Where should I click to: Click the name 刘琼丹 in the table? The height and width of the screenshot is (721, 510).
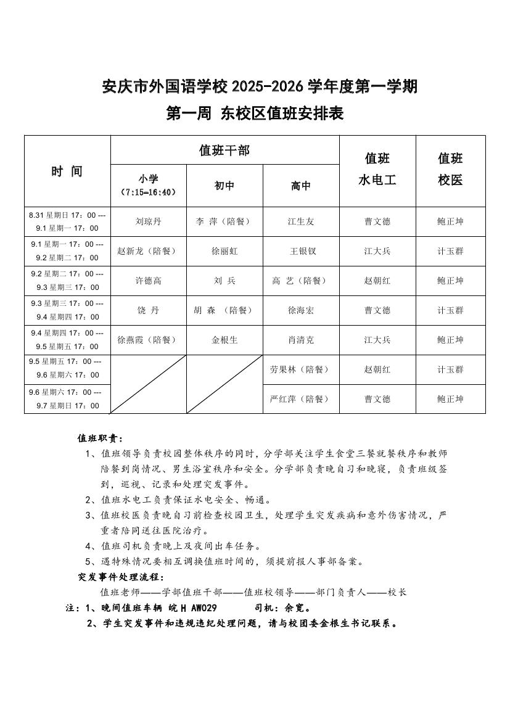tap(148, 221)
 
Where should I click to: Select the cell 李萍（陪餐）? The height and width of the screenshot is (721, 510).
tap(224, 221)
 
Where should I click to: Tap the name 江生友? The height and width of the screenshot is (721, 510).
tap(301, 221)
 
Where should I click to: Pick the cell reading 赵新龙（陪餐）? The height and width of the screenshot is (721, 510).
tap(148, 251)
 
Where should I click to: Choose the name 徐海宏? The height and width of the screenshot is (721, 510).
tap(301, 310)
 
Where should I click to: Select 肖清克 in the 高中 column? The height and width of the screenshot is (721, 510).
tap(301, 340)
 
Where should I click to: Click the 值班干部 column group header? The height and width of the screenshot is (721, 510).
tap(224, 150)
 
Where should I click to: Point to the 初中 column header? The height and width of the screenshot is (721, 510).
tap(224, 186)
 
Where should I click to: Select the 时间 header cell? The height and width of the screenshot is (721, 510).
tap(67, 171)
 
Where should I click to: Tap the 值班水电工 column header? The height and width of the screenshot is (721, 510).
tap(377, 169)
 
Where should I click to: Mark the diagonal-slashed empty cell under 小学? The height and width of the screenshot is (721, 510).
tap(148, 384)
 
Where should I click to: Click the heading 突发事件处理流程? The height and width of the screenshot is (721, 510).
tap(120, 577)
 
